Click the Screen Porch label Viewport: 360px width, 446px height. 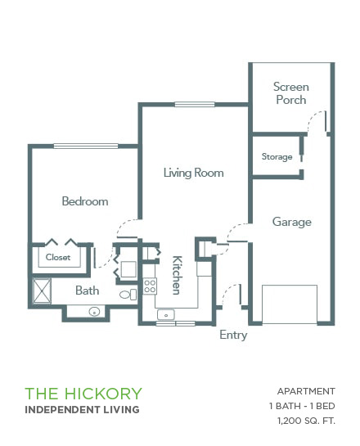[x=291, y=93]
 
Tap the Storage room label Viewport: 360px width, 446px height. [x=277, y=157]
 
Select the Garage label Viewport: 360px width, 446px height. [x=292, y=222]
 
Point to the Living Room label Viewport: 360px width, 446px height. [x=193, y=173]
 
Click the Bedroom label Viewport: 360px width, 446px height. [x=85, y=201]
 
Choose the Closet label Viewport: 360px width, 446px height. [x=58, y=257]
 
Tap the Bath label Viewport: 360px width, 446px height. [x=87, y=291]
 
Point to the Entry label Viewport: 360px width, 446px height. [x=233, y=335]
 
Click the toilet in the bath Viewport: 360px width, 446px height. [x=128, y=295]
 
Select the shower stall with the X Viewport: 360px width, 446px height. [x=42, y=291]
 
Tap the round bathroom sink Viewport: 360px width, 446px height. [x=94, y=312]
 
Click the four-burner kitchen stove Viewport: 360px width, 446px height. [x=150, y=286]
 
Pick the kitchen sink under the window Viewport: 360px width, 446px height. [x=166, y=315]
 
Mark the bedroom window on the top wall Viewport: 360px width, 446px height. [x=86, y=146]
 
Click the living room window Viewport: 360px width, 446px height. [x=195, y=105]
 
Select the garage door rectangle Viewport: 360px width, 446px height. [x=290, y=304]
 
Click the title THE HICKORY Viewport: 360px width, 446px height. [x=83, y=394]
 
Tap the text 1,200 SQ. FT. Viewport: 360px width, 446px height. [x=306, y=421]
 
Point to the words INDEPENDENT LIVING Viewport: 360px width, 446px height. [x=82, y=410]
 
